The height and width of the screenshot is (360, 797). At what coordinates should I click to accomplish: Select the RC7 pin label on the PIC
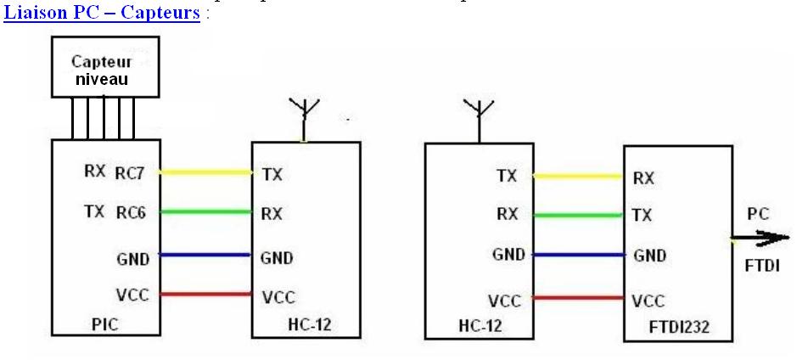[132, 173]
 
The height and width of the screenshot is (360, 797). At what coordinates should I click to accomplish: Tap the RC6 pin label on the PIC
[131, 213]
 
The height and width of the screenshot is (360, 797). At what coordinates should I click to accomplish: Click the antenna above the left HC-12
[302, 117]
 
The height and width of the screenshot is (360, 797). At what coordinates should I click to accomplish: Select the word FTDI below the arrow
[761, 266]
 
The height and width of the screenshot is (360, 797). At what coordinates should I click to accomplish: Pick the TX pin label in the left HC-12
[272, 174]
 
